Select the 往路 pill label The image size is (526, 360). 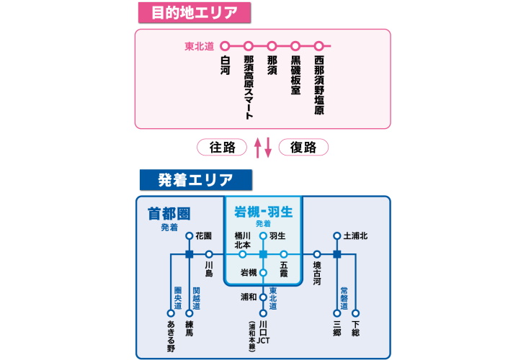[223, 147]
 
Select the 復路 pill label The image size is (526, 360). [303, 147]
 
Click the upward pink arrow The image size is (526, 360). [257, 148]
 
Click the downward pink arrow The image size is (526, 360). [269, 148]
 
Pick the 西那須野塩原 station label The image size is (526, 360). [319, 85]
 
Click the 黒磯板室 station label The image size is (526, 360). [295, 76]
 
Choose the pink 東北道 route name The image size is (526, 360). [200, 46]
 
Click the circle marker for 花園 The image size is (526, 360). [190, 235]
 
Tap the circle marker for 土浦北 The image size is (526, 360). [336, 235]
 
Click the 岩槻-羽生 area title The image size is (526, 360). [262, 212]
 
